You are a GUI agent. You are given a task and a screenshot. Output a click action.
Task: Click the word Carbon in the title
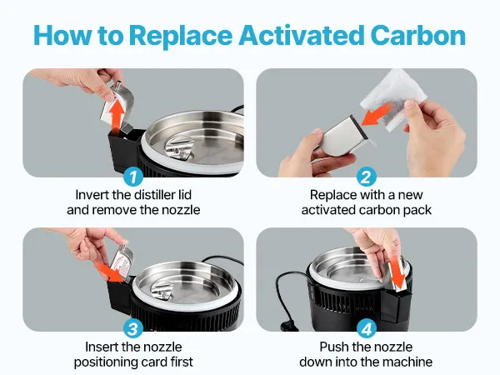418,35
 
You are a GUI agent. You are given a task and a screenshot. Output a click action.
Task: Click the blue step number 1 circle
133,177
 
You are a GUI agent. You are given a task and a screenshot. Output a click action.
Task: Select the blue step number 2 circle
366,177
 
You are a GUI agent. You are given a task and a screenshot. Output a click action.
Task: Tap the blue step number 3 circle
133,328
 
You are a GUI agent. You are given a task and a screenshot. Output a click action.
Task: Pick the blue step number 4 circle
366,328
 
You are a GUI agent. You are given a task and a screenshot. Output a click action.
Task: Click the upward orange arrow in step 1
118,114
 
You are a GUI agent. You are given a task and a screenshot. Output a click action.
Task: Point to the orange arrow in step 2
377,115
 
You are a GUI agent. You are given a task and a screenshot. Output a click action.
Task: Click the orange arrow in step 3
110,272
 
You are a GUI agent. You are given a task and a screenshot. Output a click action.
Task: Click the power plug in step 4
288,326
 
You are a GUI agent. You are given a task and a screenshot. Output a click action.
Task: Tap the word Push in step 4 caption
333,347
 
